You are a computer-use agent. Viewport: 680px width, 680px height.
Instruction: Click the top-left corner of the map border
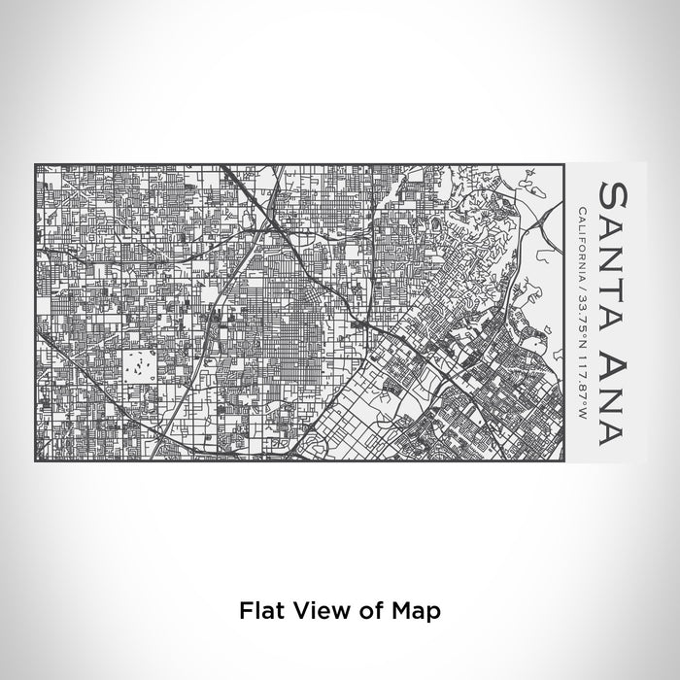pos(36,164)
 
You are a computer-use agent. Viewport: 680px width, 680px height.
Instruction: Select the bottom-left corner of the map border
pos(36,459)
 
